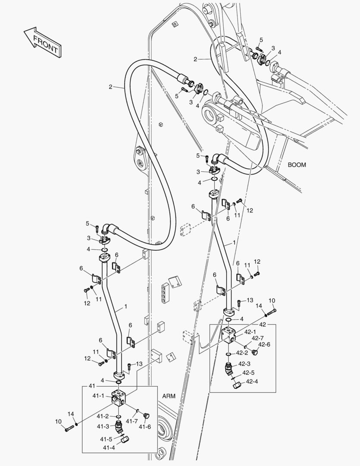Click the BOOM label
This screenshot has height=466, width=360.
pos(297,165)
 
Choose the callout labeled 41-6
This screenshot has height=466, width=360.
pos(145,427)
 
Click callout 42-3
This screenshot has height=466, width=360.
pos(244,364)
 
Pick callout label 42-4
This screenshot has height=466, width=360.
pos(253,381)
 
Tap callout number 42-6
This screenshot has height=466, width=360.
pos(264,344)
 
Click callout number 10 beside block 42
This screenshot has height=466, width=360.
pos(272,300)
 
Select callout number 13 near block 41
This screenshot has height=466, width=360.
pos(139,364)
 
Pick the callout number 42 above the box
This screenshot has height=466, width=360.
pos(262,324)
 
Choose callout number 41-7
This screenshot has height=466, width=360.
pos(132,421)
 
